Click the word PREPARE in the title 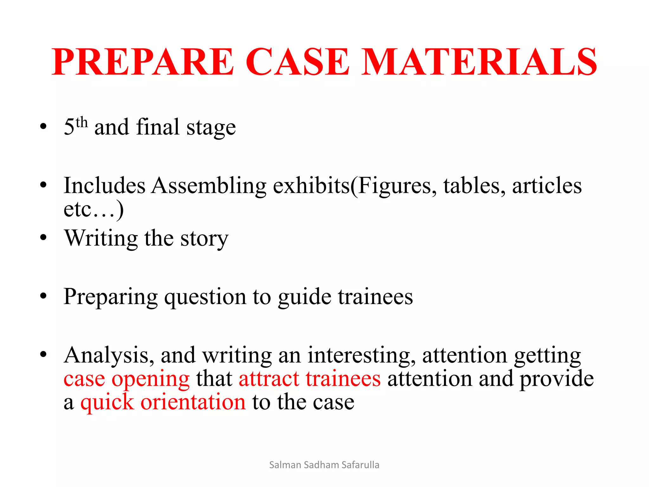click(143, 62)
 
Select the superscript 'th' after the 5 click(82, 122)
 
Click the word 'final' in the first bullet click(158, 127)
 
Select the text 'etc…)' click(93, 209)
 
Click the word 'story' click(204, 238)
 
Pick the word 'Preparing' click(111, 297)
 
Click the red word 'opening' click(151, 379)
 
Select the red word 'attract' click(269, 379)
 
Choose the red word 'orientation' click(193, 402)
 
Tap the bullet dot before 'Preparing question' click(43, 296)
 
